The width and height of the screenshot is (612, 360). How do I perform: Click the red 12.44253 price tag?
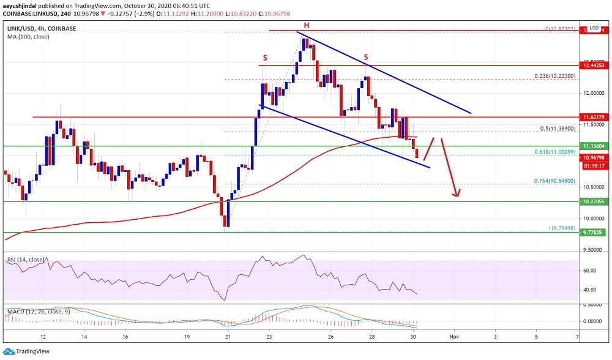click(x=595, y=64)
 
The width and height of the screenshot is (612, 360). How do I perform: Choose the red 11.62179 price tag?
click(x=595, y=116)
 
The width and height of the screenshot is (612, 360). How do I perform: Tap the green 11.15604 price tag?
click(x=595, y=146)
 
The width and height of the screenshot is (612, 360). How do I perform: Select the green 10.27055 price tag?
click(x=595, y=201)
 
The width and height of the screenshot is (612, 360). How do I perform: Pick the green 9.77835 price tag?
click(x=595, y=233)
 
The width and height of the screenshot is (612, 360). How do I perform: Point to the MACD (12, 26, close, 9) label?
click(x=38, y=312)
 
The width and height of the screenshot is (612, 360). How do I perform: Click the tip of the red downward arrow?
click(x=457, y=196)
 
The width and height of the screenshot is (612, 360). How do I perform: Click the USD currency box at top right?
click(x=593, y=28)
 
